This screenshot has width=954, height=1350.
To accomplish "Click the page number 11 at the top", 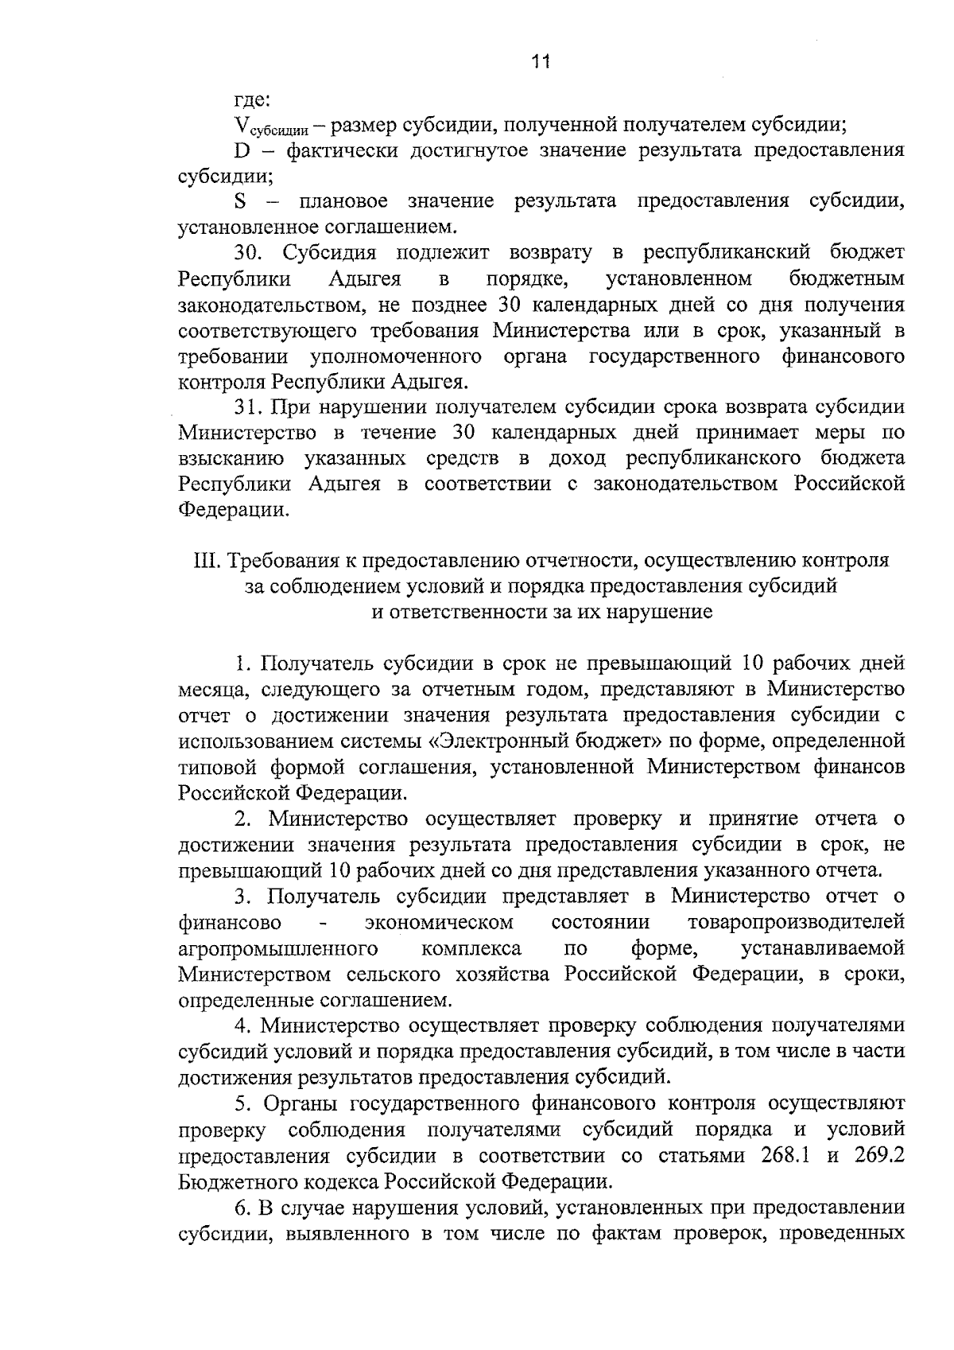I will pos(541,61).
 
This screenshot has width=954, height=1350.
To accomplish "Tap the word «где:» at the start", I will pos(252,100).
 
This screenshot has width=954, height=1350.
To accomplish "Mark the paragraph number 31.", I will pos(248,407).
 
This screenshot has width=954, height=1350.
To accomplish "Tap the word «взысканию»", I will pos(231,458).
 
